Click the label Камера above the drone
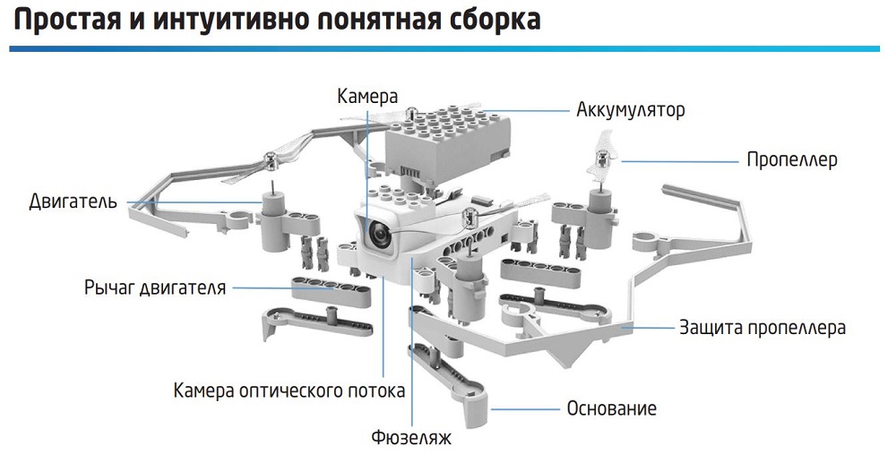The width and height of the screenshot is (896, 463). coord(366,94)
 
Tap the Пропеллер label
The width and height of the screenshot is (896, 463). coord(792,160)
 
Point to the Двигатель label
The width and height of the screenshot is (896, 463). coord(73,201)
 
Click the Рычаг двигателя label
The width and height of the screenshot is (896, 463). coord(155,287)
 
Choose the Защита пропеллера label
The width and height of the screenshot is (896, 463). coord(762,327)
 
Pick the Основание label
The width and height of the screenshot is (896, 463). coord(612,408)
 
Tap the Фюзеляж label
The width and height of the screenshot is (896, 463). coord(410,439)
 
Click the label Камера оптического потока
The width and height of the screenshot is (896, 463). coord(289,390)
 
